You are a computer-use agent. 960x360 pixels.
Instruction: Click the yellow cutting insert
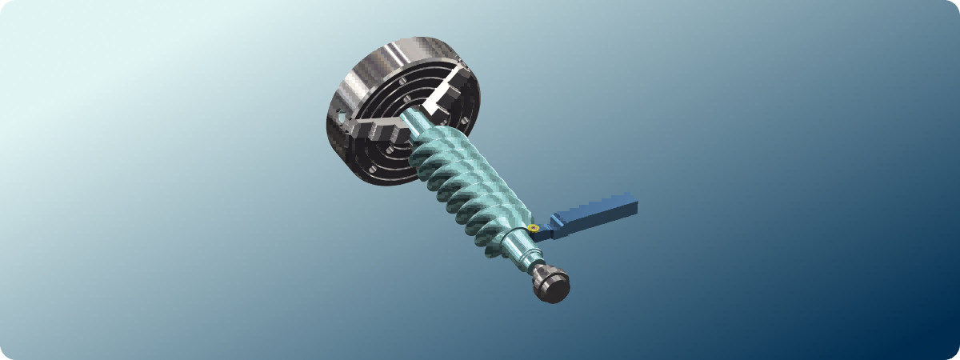[532, 229]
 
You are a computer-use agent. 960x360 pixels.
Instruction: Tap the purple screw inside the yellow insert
[533, 228]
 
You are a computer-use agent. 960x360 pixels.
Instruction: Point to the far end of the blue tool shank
[631, 203]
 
